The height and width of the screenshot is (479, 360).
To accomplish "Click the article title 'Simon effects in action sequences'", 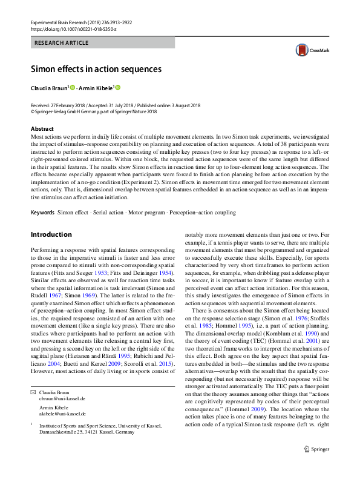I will point(96,69).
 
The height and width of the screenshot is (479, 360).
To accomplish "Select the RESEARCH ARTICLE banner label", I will point(62,43).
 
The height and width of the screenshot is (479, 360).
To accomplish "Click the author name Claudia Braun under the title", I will point(50,88).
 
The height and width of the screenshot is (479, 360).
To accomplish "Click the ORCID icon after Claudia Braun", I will point(72,88).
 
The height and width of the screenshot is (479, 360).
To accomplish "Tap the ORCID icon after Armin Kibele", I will point(119,88).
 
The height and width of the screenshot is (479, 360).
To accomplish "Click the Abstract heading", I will point(43,129).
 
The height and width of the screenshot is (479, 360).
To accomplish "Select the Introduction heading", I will point(51,234).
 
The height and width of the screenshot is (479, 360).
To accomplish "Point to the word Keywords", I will point(42,213).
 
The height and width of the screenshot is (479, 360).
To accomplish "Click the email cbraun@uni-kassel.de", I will point(62,399).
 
